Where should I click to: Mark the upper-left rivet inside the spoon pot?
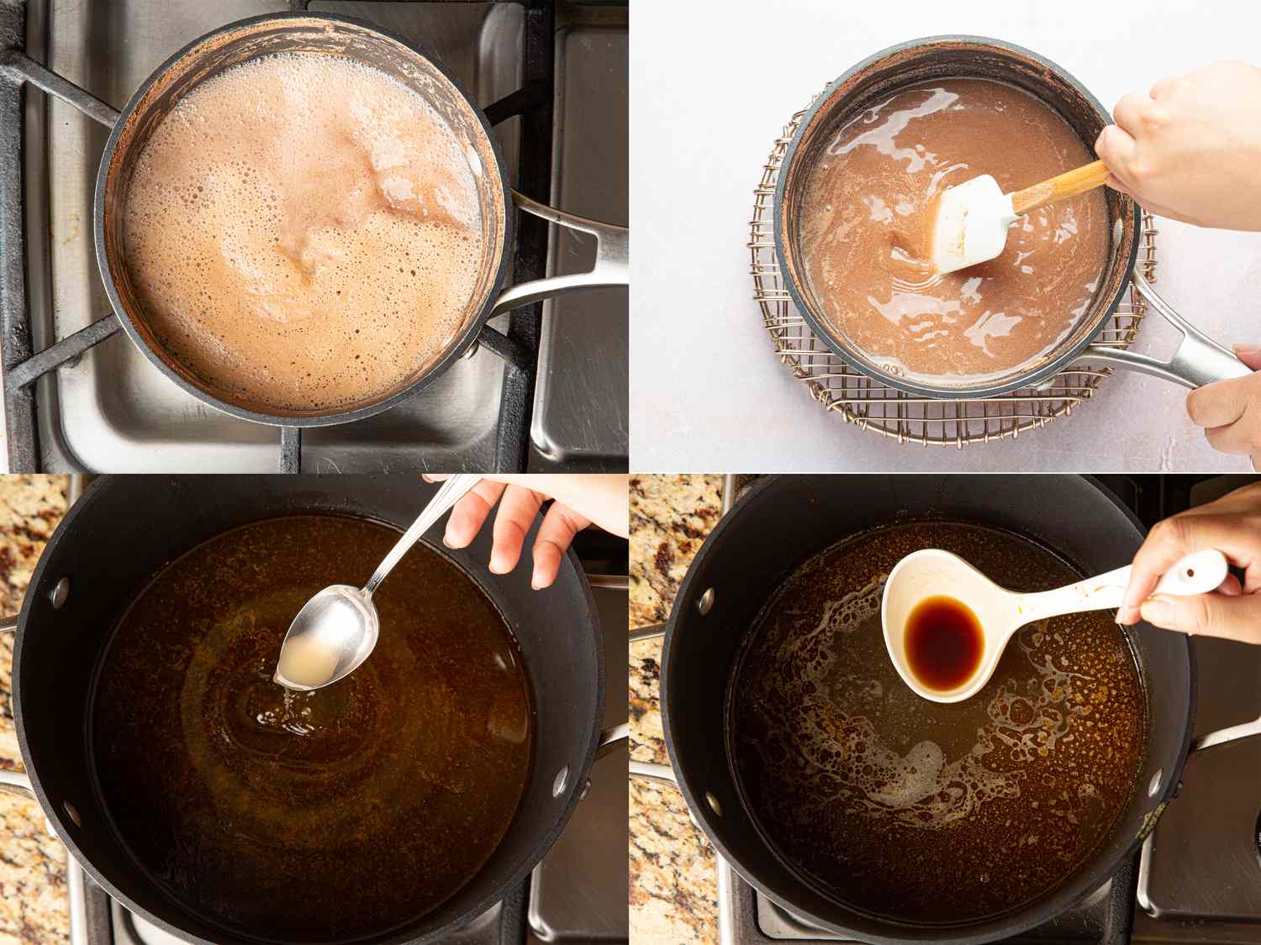[x=58, y=592]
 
